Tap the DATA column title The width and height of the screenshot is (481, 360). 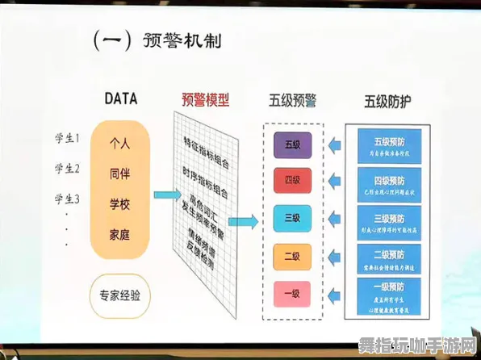[120, 99]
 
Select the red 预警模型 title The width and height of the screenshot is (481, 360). [205, 100]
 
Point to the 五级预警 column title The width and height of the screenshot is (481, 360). [292, 101]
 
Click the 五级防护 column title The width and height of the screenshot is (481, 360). [388, 102]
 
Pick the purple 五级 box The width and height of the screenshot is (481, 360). [292, 145]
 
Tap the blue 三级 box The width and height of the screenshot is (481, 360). [292, 219]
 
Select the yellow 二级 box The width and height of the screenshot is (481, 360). [292, 256]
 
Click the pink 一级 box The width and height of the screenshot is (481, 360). [292, 292]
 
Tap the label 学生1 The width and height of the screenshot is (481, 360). [67, 138]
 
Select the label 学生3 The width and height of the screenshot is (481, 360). [67, 198]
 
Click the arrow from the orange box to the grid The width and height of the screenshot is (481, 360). [165, 195]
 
